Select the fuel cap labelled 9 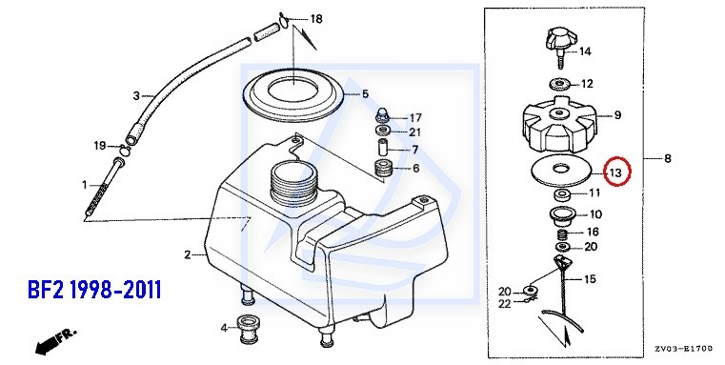560,125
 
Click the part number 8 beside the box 667,158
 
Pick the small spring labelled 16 561,233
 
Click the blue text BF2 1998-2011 94,290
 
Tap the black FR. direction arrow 55,341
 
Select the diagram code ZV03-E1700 683,349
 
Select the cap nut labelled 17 383,114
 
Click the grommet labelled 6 383,169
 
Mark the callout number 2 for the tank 188,254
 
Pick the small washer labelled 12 559,84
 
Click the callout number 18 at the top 315,19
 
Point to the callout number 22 504,304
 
